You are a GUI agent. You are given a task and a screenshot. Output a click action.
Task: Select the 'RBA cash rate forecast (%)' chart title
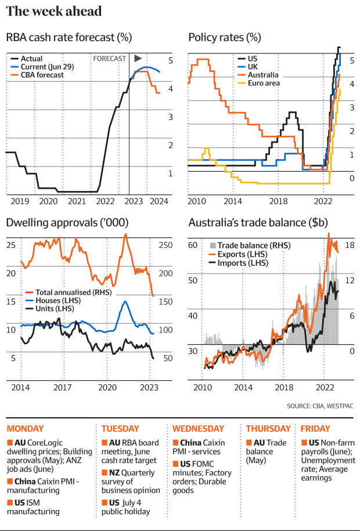69,38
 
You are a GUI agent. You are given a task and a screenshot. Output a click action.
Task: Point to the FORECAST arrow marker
138,59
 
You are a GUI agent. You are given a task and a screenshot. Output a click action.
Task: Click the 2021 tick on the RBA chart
77,201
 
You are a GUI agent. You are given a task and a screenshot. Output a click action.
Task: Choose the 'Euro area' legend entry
265,84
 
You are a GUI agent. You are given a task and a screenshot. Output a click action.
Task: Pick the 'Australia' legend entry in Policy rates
263,75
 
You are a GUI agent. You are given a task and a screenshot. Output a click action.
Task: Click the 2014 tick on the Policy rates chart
233,201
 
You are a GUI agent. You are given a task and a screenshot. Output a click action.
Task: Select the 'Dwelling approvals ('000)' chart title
67,223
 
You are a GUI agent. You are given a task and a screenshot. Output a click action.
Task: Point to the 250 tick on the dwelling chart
166,245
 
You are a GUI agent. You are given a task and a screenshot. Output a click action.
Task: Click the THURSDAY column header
268,429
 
